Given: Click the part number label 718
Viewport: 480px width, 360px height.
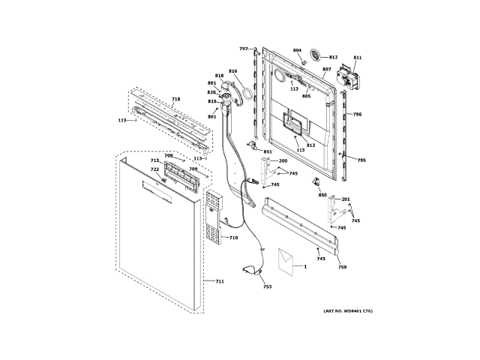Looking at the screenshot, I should pyautogui.click(x=175, y=99).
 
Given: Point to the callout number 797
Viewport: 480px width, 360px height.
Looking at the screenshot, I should pyautogui.click(x=244, y=49).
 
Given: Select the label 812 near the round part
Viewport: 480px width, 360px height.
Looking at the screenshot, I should pyautogui.click(x=333, y=57).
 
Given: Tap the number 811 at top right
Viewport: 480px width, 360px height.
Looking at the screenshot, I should pyautogui.click(x=357, y=58).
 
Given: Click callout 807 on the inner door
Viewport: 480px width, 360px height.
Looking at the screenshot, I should pyautogui.click(x=326, y=70).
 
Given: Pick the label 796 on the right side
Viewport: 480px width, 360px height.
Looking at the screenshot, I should pyautogui.click(x=358, y=115).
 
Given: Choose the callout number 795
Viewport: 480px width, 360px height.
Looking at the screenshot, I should pyautogui.click(x=361, y=160).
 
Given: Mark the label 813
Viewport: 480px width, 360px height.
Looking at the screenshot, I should pyautogui.click(x=310, y=145).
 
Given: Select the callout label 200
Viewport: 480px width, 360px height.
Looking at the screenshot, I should pyautogui.click(x=283, y=161).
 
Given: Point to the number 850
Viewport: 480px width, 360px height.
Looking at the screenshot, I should pyautogui.click(x=322, y=195).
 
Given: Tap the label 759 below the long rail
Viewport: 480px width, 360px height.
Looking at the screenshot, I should pyautogui.click(x=342, y=268).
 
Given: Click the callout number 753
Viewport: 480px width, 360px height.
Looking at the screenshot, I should pyautogui.click(x=267, y=286).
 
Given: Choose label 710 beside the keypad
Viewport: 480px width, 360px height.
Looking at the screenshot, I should pyautogui.click(x=233, y=238).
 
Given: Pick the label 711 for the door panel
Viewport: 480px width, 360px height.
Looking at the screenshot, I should pyautogui.click(x=220, y=281).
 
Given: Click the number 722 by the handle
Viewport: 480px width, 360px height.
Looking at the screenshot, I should pyautogui.click(x=154, y=169).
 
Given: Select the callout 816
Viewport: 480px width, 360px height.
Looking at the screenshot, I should pyautogui.click(x=233, y=71).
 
